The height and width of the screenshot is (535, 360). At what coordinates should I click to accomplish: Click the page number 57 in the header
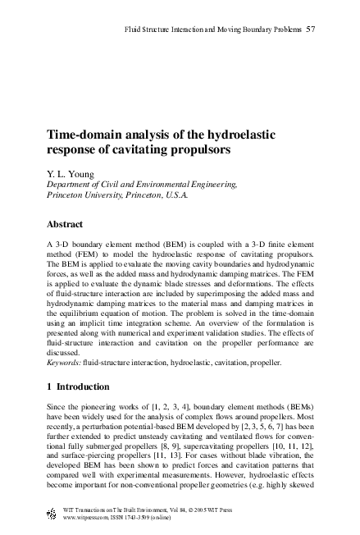(312, 31)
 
